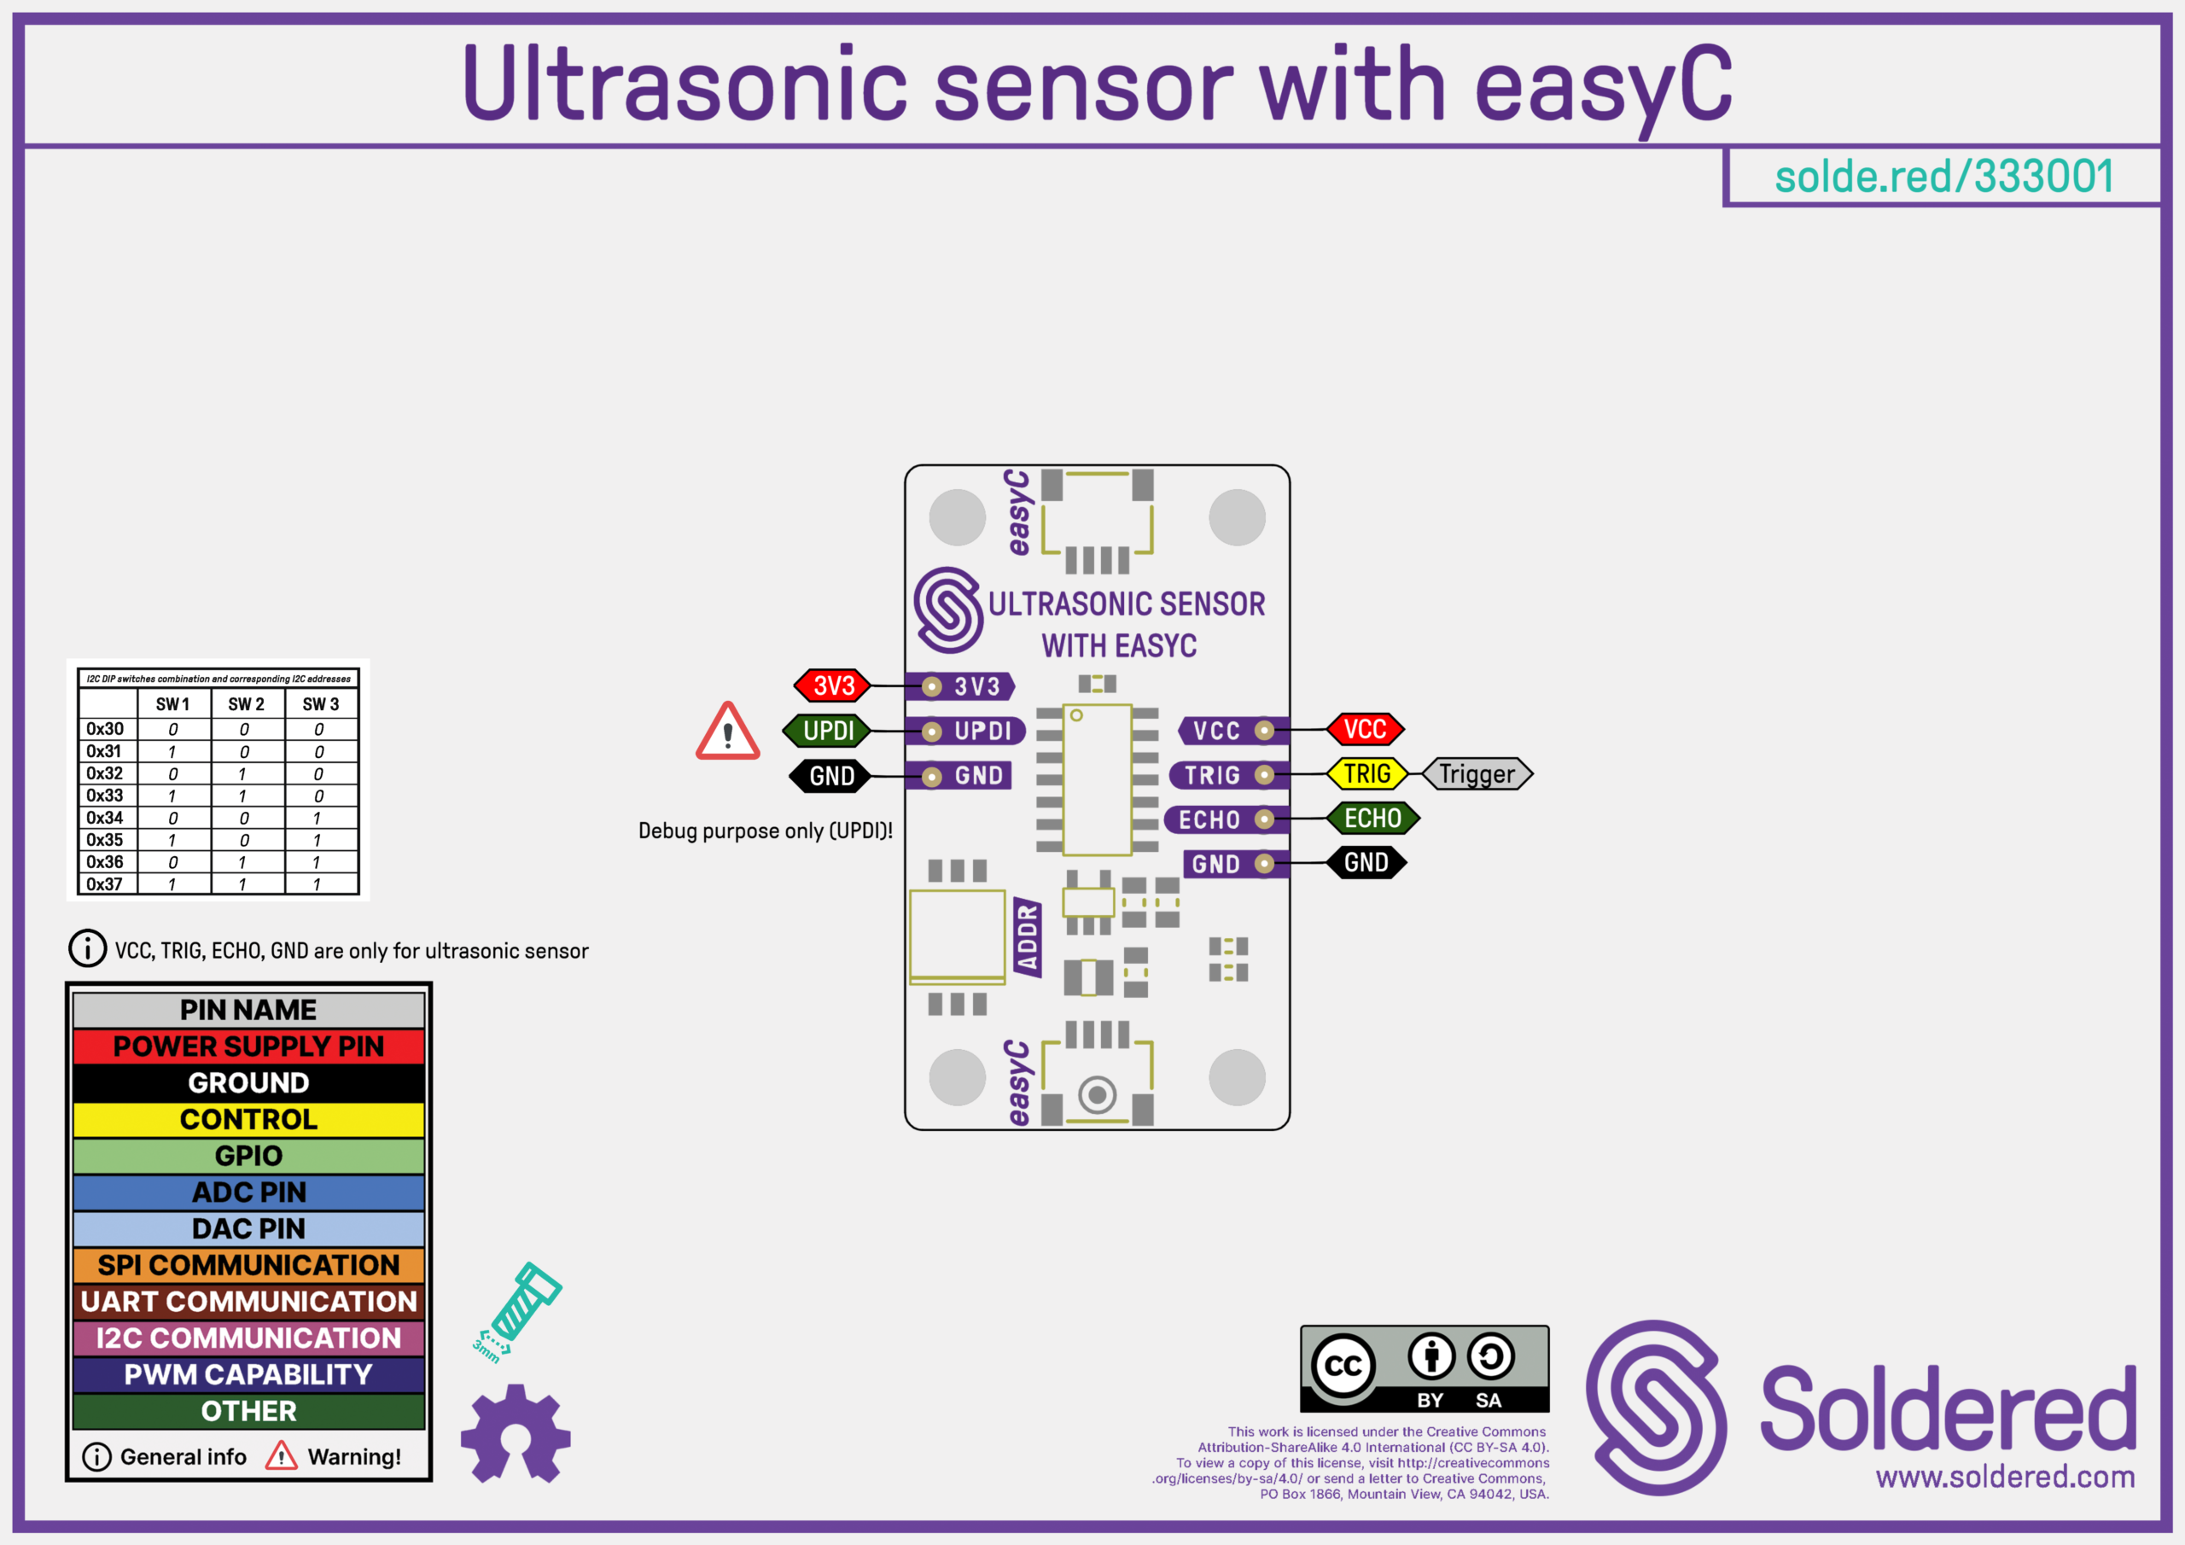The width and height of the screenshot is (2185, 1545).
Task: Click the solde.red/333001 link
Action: (x=1943, y=177)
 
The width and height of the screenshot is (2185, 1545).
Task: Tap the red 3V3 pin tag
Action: (x=833, y=685)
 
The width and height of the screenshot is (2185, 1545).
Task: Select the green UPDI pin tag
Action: (x=827, y=731)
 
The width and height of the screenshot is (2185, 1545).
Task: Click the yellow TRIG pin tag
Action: (x=1366, y=774)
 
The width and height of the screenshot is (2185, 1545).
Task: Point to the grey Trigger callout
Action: (x=1476, y=774)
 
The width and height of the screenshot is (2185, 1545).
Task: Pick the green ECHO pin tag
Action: (x=1372, y=818)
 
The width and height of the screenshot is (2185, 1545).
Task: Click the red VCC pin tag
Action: (x=1365, y=729)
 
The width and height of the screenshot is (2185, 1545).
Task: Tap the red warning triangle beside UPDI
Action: (x=728, y=733)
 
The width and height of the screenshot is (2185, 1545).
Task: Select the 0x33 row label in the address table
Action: (x=105, y=796)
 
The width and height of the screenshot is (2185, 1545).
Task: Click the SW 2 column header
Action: (x=247, y=704)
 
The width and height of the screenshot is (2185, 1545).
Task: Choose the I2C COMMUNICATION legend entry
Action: (x=248, y=1338)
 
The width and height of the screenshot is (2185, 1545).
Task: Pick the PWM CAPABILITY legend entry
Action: (x=248, y=1374)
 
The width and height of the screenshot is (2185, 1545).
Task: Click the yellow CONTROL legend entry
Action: (x=248, y=1119)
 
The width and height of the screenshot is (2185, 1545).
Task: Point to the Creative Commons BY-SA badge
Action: (x=1424, y=1368)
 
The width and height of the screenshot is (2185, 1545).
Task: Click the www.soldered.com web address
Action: (x=2004, y=1477)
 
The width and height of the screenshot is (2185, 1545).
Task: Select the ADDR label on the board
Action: (x=1028, y=937)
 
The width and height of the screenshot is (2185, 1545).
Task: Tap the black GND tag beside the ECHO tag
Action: (x=1366, y=862)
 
